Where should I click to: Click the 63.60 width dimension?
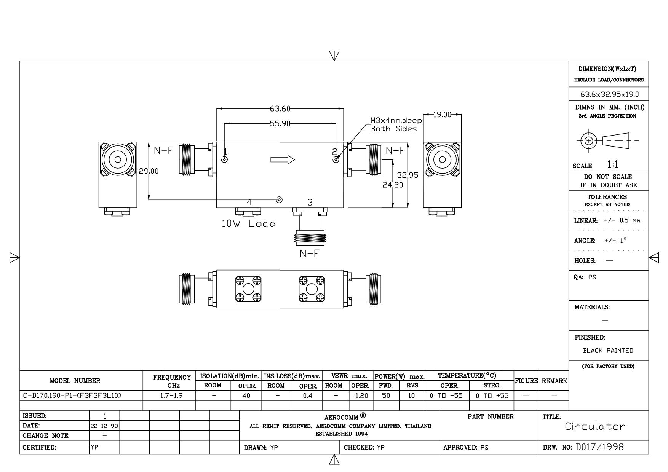(x=280, y=109)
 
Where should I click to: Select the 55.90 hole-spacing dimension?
(x=280, y=123)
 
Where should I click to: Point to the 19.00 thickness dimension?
(x=442, y=115)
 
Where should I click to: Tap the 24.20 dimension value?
(x=393, y=185)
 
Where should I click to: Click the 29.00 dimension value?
(x=149, y=171)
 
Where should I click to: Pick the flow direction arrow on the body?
(x=283, y=159)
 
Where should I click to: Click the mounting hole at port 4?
(x=280, y=199)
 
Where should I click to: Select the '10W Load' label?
(x=249, y=223)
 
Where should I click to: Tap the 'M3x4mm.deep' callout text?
(x=396, y=121)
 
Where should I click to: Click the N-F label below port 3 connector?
(x=309, y=254)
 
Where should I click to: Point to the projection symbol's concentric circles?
(x=589, y=140)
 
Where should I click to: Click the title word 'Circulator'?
(x=595, y=426)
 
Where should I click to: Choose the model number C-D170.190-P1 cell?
(x=72, y=395)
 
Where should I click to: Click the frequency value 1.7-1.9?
(x=171, y=395)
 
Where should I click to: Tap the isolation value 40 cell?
(x=246, y=395)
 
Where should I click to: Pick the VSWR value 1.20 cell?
(x=361, y=395)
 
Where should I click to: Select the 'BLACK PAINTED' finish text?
(x=608, y=351)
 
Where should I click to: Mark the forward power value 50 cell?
(x=386, y=395)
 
